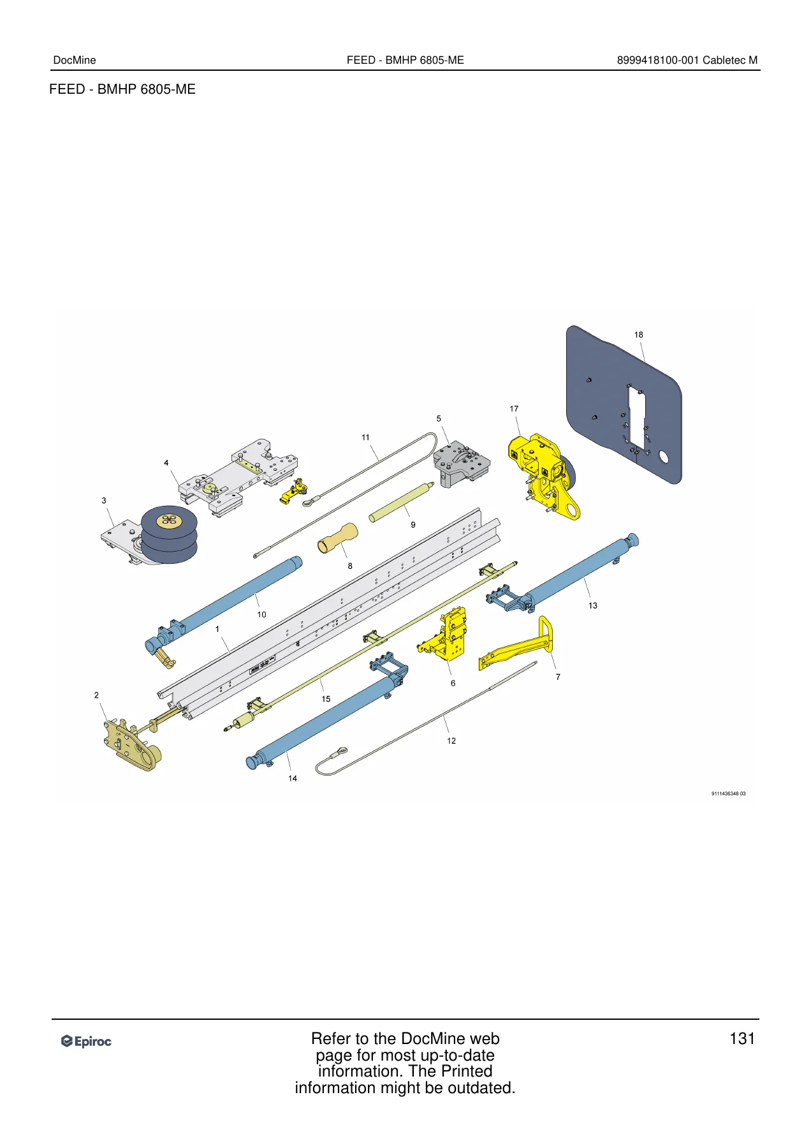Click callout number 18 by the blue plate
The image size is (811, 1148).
(x=638, y=335)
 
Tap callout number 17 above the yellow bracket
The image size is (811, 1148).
(x=514, y=409)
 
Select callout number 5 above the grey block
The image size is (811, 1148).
(x=439, y=419)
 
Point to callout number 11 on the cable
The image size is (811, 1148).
(x=365, y=438)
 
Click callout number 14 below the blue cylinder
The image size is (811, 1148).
(x=293, y=779)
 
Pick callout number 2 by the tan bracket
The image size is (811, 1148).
(x=96, y=695)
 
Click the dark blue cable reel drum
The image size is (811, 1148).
(x=169, y=534)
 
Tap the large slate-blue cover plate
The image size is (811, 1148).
(x=624, y=404)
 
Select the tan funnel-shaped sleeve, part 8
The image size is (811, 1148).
(x=338, y=538)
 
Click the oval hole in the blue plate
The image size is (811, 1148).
(x=664, y=457)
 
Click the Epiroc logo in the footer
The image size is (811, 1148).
(x=86, y=1041)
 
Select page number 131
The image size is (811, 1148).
(x=742, y=1039)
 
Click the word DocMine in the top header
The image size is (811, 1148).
(x=75, y=61)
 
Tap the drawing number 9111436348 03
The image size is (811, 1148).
(x=728, y=794)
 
